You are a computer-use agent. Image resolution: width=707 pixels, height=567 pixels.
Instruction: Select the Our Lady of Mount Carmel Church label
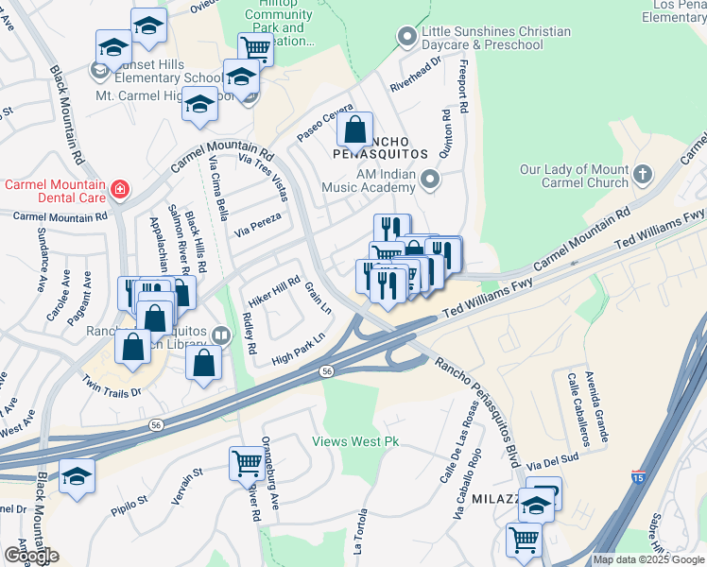[x=575, y=176]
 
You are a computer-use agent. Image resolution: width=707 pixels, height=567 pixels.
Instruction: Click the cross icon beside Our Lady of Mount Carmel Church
[x=642, y=174]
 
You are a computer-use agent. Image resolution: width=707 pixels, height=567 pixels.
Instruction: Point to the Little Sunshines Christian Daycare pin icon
[x=407, y=38]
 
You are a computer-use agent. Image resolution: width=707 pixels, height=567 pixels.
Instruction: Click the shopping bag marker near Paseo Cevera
[x=355, y=129]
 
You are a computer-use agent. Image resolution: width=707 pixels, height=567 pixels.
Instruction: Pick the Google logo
[x=30, y=556]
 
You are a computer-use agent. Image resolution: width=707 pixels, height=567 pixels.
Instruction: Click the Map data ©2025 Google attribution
[x=648, y=559]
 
